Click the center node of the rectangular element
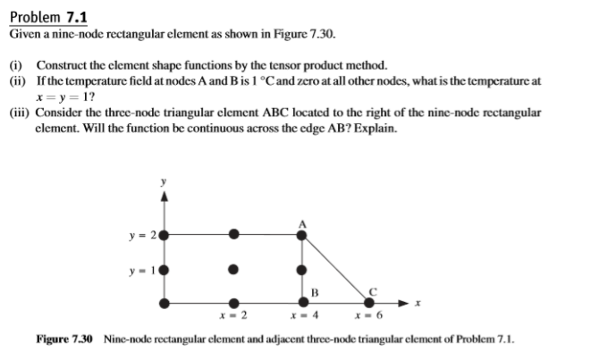tap(233, 269)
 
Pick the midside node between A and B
tap(301, 269)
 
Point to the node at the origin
tap(165, 304)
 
